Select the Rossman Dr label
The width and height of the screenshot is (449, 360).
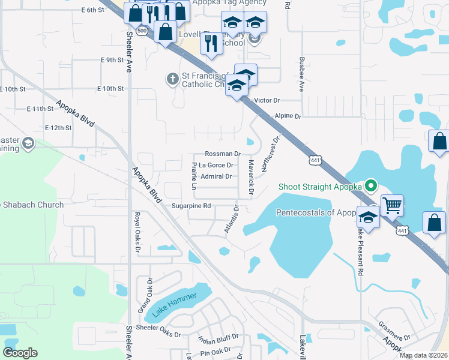click(222, 154)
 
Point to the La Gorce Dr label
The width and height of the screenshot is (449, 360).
click(215, 165)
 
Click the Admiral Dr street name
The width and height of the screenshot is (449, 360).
click(216, 176)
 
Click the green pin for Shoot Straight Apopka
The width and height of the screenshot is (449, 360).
click(371, 186)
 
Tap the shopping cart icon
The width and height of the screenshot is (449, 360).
click(392, 206)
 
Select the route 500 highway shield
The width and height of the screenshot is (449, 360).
click(142, 31)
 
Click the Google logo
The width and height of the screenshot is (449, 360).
click(20, 352)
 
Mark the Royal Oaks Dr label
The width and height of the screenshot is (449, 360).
click(137, 233)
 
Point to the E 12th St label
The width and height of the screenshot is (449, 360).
click(58, 128)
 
